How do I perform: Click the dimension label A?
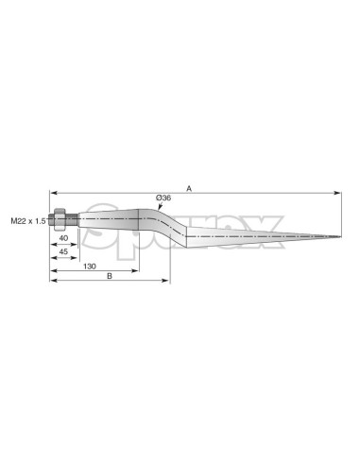tap(189, 188)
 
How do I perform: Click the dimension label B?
tap(110, 276)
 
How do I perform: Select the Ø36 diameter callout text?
tap(163, 198)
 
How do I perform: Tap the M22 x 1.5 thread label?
tap(28, 221)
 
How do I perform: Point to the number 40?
tap(63, 238)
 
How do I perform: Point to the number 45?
tap(63, 251)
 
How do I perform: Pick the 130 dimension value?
tap(90, 267)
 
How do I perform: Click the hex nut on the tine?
tap(60, 219)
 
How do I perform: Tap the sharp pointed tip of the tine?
tap(340, 236)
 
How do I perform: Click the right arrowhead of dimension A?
tap(337, 193)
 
